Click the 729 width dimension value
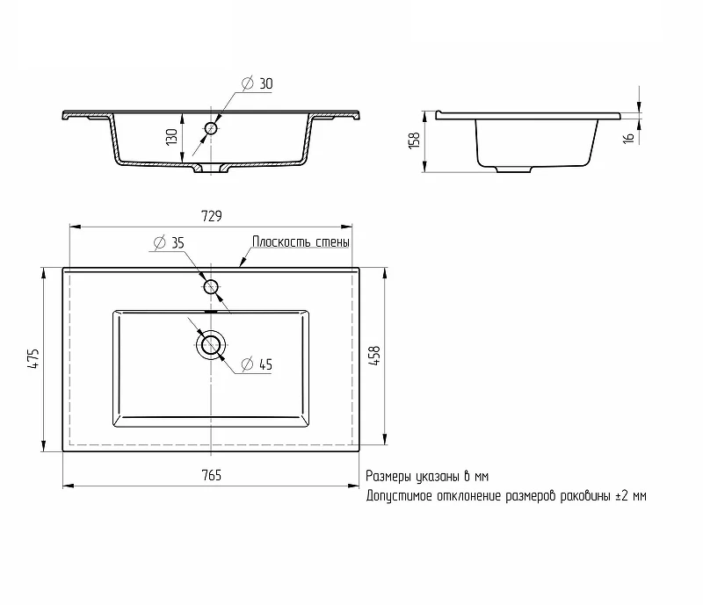click(212, 216)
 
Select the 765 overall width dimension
click(212, 475)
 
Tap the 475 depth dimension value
click(34, 358)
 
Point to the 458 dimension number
click(374, 356)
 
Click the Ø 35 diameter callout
click(169, 242)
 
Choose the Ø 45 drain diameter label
click(257, 364)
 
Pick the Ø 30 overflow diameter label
click(257, 83)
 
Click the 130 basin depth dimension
click(171, 137)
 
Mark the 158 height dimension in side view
click(414, 140)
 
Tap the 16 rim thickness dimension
click(629, 138)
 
